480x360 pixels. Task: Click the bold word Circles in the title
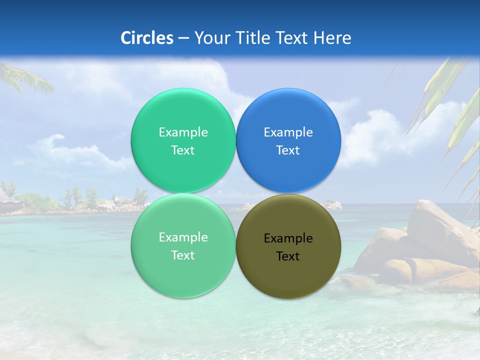(147, 38)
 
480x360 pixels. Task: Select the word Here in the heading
(332, 38)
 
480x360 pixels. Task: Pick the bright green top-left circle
(183, 115)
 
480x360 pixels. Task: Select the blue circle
(288, 115)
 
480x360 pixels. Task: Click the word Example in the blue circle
(288, 132)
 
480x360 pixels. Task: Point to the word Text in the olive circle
(288, 256)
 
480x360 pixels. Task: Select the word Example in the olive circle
(288, 238)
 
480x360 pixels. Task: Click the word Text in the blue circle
(288, 150)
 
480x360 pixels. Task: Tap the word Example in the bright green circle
(183, 132)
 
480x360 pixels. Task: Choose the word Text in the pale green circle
(183, 255)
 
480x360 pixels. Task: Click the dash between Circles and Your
(183, 38)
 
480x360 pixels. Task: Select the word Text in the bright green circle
(183, 150)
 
